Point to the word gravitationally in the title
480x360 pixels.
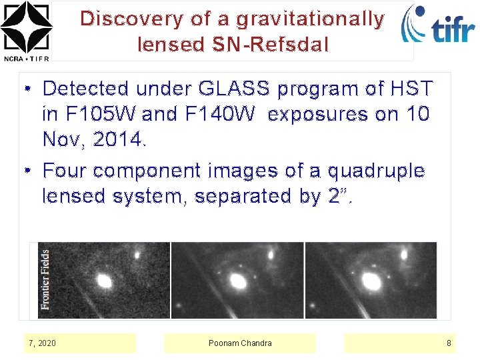tap(310, 19)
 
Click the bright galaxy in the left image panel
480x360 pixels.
tap(104, 280)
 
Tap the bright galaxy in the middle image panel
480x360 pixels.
tap(237, 281)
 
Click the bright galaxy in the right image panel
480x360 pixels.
tap(369, 280)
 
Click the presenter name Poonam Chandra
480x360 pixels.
tap(240, 343)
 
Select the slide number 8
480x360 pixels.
tap(449, 343)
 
